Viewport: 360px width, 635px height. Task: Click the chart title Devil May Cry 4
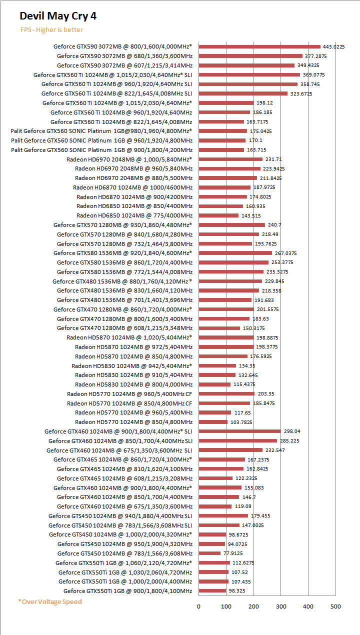pyautogui.click(x=58, y=16)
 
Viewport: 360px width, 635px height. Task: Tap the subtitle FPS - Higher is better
pyautogui.click(x=51, y=30)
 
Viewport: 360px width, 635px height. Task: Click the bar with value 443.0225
pyautogui.click(x=259, y=46)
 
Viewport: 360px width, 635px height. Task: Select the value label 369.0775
pyautogui.click(x=314, y=74)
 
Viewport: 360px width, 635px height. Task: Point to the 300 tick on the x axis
pyautogui.click(x=281, y=606)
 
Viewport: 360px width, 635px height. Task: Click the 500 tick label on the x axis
pyautogui.click(x=336, y=606)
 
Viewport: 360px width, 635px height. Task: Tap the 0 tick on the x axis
pyautogui.click(x=198, y=606)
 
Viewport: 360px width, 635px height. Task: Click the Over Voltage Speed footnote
pyautogui.click(x=50, y=601)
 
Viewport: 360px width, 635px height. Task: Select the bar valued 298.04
pyautogui.click(x=239, y=431)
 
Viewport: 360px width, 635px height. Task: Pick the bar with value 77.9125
pyautogui.click(x=209, y=553)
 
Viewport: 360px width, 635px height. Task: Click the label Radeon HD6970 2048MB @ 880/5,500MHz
pyautogui.click(x=133, y=177)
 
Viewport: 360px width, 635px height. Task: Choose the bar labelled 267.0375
pyautogui.click(x=235, y=253)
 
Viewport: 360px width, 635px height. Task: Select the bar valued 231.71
pyautogui.click(x=230, y=159)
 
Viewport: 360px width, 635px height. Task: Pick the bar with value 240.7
pyautogui.click(x=231, y=225)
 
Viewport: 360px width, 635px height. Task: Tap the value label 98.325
pyautogui.click(x=237, y=591)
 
